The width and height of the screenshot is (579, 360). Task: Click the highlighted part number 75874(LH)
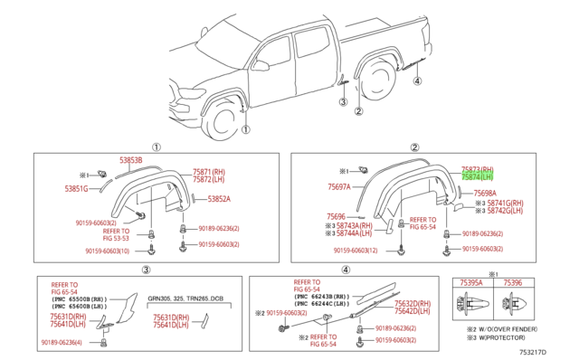tap(478, 177)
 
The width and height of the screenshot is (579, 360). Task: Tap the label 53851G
tap(77, 188)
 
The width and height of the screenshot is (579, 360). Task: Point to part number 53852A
tap(219, 199)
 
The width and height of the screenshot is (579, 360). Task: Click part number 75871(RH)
tap(208, 171)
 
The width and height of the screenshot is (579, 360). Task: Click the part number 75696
tap(337, 217)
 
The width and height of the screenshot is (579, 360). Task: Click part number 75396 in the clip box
tap(512, 282)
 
